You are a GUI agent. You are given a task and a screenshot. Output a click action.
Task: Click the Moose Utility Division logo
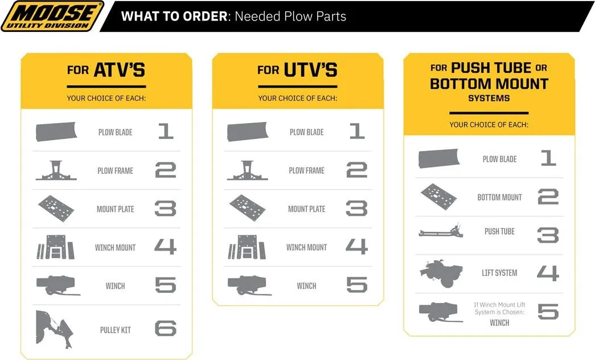pos(52,16)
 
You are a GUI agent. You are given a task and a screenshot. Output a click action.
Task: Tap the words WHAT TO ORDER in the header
pos(174,17)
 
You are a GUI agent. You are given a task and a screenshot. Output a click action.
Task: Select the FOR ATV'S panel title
pos(106,70)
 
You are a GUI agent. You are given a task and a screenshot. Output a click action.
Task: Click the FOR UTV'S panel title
pos(297,70)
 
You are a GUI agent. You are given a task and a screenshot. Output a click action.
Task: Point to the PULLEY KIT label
pos(116,330)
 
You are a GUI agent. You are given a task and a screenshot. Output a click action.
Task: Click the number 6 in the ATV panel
pos(166,329)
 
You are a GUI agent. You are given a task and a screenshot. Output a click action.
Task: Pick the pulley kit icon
pos(54,329)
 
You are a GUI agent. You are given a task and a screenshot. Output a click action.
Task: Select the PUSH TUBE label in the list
pos(499,231)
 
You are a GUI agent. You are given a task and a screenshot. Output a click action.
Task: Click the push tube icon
pos(441,231)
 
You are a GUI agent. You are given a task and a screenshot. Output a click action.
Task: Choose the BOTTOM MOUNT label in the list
pos(499,198)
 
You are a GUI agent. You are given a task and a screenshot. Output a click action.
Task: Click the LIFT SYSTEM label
pos(499,273)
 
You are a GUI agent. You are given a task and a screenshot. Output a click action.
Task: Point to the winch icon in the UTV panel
pos(249,285)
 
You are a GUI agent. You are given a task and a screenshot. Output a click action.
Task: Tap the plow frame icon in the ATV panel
pos(56,170)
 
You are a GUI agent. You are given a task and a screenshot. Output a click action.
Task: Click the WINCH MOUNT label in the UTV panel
pos(306,248)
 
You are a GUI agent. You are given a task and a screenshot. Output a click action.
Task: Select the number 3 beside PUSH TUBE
pos(548,235)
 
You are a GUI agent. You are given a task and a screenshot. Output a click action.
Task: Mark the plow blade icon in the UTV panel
pos(248,132)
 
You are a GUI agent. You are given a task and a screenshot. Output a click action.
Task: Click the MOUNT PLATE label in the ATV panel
pos(116,209)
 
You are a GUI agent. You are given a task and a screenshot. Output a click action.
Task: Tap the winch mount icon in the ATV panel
pos(55,247)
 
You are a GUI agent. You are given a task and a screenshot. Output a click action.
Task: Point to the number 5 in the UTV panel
pos(357,285)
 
